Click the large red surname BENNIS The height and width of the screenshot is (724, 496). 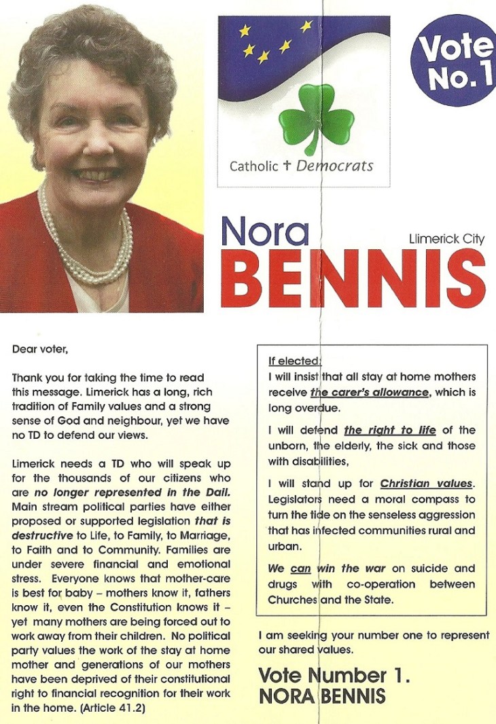(353, 280)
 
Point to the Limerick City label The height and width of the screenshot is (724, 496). (446, 239)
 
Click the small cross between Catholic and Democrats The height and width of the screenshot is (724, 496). (288, 165)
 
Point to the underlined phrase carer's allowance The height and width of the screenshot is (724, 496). (370, 393)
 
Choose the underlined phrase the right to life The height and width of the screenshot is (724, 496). (387, 430)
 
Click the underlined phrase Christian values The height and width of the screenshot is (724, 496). (425, 484)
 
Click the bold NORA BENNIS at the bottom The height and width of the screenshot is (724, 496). (322, 696)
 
